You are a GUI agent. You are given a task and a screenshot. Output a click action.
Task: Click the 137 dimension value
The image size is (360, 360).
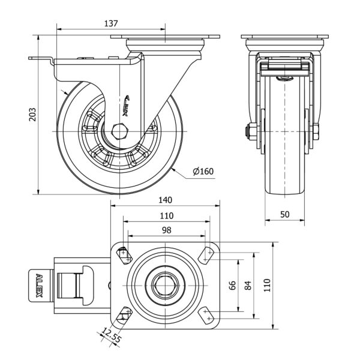click(x=110, y=23)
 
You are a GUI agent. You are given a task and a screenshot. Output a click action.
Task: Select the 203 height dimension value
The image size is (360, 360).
click(x=34, y=115)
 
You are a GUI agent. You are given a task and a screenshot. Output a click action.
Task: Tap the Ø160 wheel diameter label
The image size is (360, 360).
click(x=203, y=172)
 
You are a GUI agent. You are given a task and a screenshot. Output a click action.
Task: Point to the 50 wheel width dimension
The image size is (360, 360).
click(x=284, y=214)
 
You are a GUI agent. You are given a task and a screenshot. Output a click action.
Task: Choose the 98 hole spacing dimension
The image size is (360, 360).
click(x=166, y=230)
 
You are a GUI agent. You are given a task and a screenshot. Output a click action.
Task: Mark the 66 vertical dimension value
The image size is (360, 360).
click(x=232, y=286)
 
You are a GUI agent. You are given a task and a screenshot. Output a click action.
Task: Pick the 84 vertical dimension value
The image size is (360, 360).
click(x=248, y=286)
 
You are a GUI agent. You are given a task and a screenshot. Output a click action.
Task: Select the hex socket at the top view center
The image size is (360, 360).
click(x=166, y=286)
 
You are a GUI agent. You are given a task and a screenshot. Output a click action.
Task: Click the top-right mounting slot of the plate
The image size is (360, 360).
click(x=209, y=254)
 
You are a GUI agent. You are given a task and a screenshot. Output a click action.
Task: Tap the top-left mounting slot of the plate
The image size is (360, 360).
click(x=124, y=254)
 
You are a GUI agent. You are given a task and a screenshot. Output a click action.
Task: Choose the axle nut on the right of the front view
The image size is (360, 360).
click(x=314, y=130)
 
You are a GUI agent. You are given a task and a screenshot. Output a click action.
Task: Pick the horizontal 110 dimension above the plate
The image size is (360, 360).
click(x=166, y=215)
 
